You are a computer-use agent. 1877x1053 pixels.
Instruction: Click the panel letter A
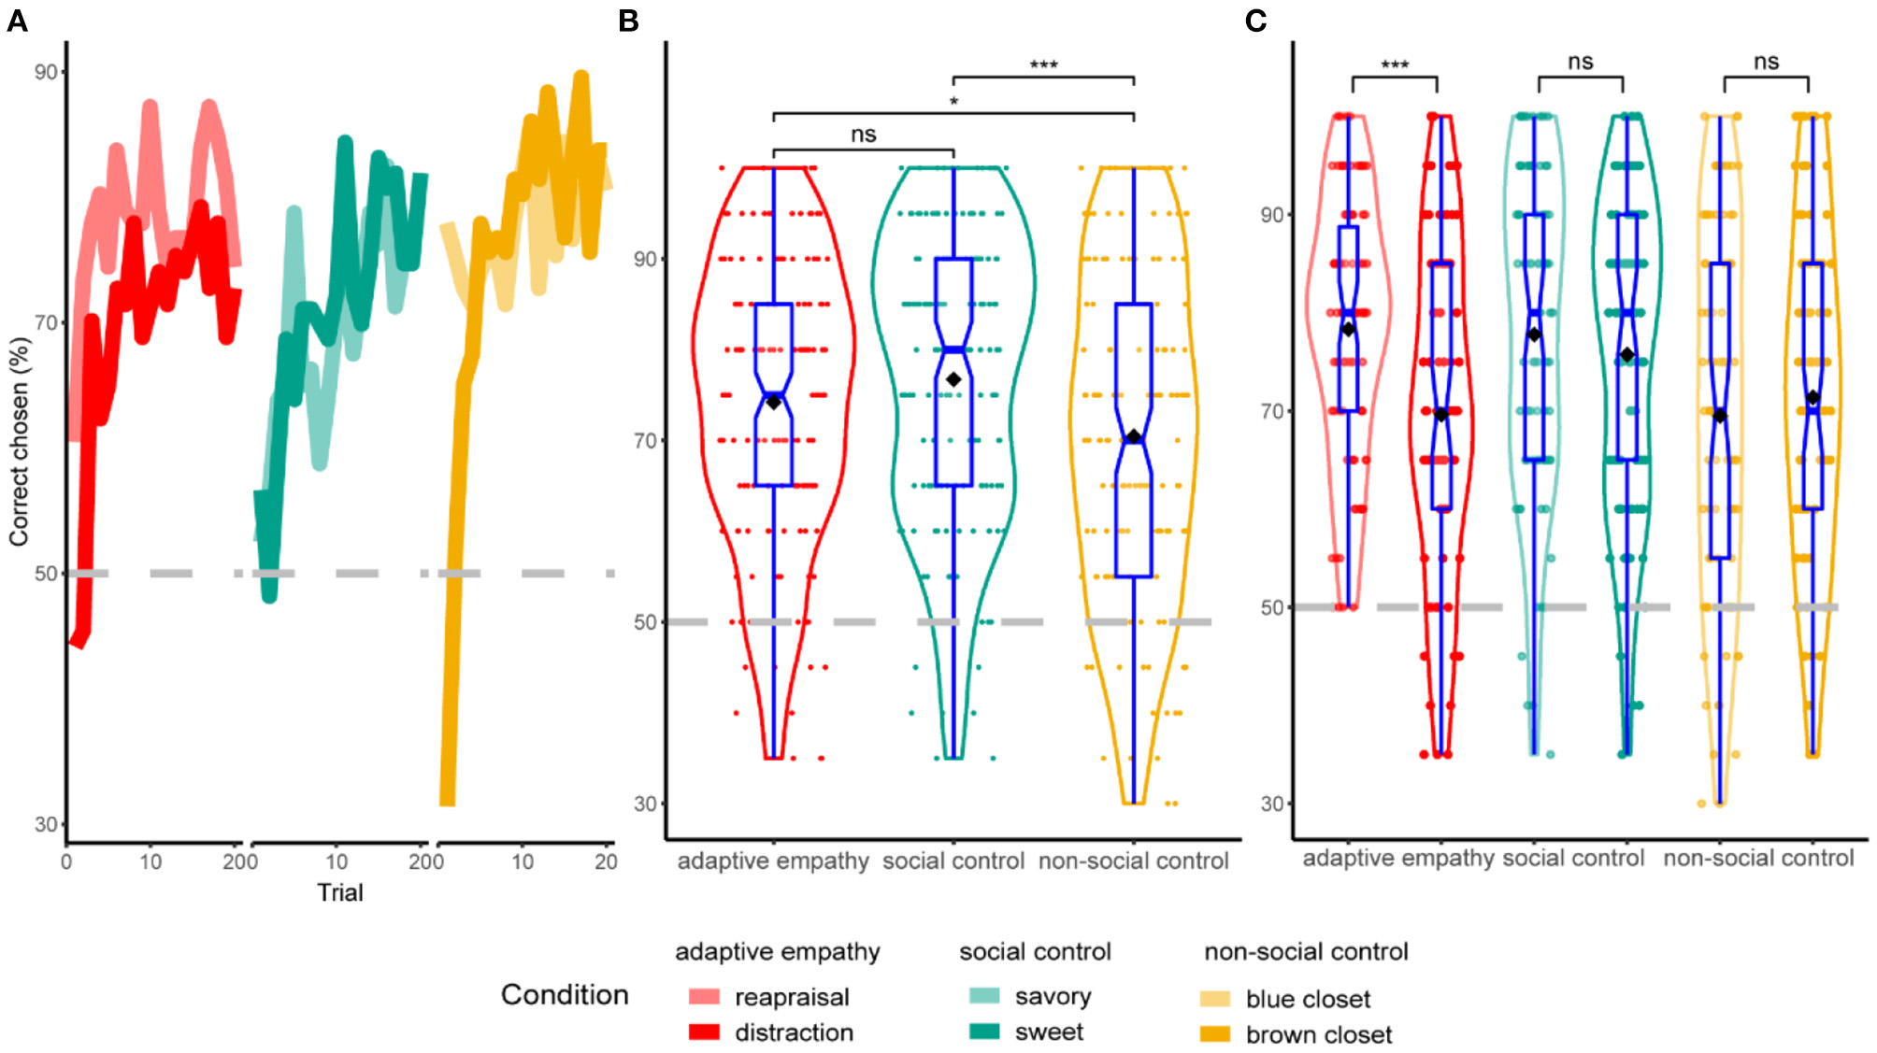(x=17, y=21)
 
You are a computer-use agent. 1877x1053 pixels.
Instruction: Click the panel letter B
(x=628, y=21)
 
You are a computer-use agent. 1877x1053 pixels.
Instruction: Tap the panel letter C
(x=1255, y=21)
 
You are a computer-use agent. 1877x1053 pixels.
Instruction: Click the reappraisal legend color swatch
(x=704, y=996)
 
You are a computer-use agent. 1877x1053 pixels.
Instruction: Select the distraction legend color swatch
(x=704, y=1032)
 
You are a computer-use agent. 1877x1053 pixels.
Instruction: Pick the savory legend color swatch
(x=984, y=996)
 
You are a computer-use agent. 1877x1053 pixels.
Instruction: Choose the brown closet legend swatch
(x=1215, y=1034)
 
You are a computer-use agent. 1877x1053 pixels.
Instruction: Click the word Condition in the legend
(x=565, y=994)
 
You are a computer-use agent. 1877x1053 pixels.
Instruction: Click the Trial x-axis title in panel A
(x=339, y=892)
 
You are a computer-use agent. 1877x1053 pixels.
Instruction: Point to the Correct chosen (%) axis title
(x=19, y=441)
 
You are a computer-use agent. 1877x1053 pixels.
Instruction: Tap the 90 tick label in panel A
(x=46, y=72)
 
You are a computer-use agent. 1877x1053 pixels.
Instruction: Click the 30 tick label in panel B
(x=645, y=804)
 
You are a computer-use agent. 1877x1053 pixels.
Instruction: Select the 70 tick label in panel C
(x=1271, y=411)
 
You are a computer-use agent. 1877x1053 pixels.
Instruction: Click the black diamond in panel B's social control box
(x=953, y=379)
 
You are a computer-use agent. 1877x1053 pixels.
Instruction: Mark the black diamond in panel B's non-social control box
(x=1134, y=437)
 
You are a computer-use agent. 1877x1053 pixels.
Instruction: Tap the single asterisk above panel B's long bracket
(x=953, y=101)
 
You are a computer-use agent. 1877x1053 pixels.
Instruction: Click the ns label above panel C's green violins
(x=1580, y=62)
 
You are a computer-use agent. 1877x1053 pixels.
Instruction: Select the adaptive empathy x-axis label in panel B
(x=773, y=861)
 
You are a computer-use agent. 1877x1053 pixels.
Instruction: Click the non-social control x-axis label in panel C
(x=1757, y=858)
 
